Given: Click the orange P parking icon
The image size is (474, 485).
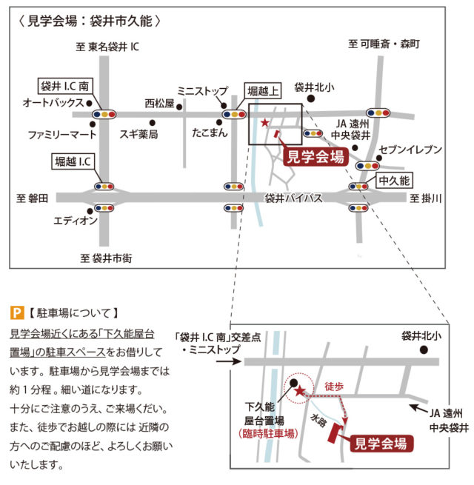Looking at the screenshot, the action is (x=17, y=312).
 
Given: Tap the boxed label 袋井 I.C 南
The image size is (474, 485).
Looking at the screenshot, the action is (x=65, y=86).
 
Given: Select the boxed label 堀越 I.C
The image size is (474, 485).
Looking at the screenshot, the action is (x=73, y=161).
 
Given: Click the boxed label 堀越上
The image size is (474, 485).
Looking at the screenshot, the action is (x=263, y=91).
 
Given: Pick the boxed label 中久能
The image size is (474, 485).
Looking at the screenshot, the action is (x=394, y=181).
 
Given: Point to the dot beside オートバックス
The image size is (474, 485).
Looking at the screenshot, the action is (x=89, y=103).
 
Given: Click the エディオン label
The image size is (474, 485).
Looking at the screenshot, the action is (x=76, y=221).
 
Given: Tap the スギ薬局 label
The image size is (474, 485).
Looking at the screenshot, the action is (x=138, y=134).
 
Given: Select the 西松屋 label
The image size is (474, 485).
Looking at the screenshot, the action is (x=160, y=104).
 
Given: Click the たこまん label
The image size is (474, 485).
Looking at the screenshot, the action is (x=210, y=133).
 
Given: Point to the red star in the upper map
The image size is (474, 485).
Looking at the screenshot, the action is (x=265, y=123).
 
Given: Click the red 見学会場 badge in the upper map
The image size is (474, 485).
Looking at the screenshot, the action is (x=316, y=157).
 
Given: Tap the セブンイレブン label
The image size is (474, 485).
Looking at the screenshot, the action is (x=410, y=150).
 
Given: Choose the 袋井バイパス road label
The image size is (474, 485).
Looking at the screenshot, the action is (x=293, y=198).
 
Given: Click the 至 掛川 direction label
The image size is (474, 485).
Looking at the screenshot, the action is (x=426, y=198).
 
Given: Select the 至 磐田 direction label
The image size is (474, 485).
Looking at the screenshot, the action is (x=32, y=198).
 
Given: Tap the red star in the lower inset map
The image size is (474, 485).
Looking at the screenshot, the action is (x=299, y=391).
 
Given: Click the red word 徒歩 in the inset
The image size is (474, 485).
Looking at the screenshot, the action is (x=334, y=387).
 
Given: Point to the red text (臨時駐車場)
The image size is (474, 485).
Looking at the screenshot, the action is (x=268, y=433).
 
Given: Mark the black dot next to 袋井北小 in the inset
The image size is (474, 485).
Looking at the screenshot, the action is (x=424, y=349).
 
